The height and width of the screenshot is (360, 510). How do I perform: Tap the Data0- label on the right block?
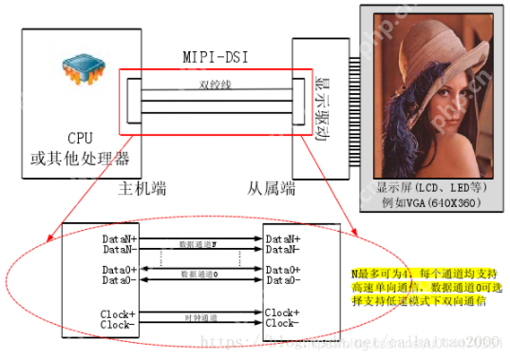pyautogui.click(x=284, y=280)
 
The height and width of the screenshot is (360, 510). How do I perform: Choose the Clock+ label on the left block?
pyautogui.click(x=120, y=313)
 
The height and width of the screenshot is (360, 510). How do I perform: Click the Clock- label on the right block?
pyautogui.click(x=284, y=323)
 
